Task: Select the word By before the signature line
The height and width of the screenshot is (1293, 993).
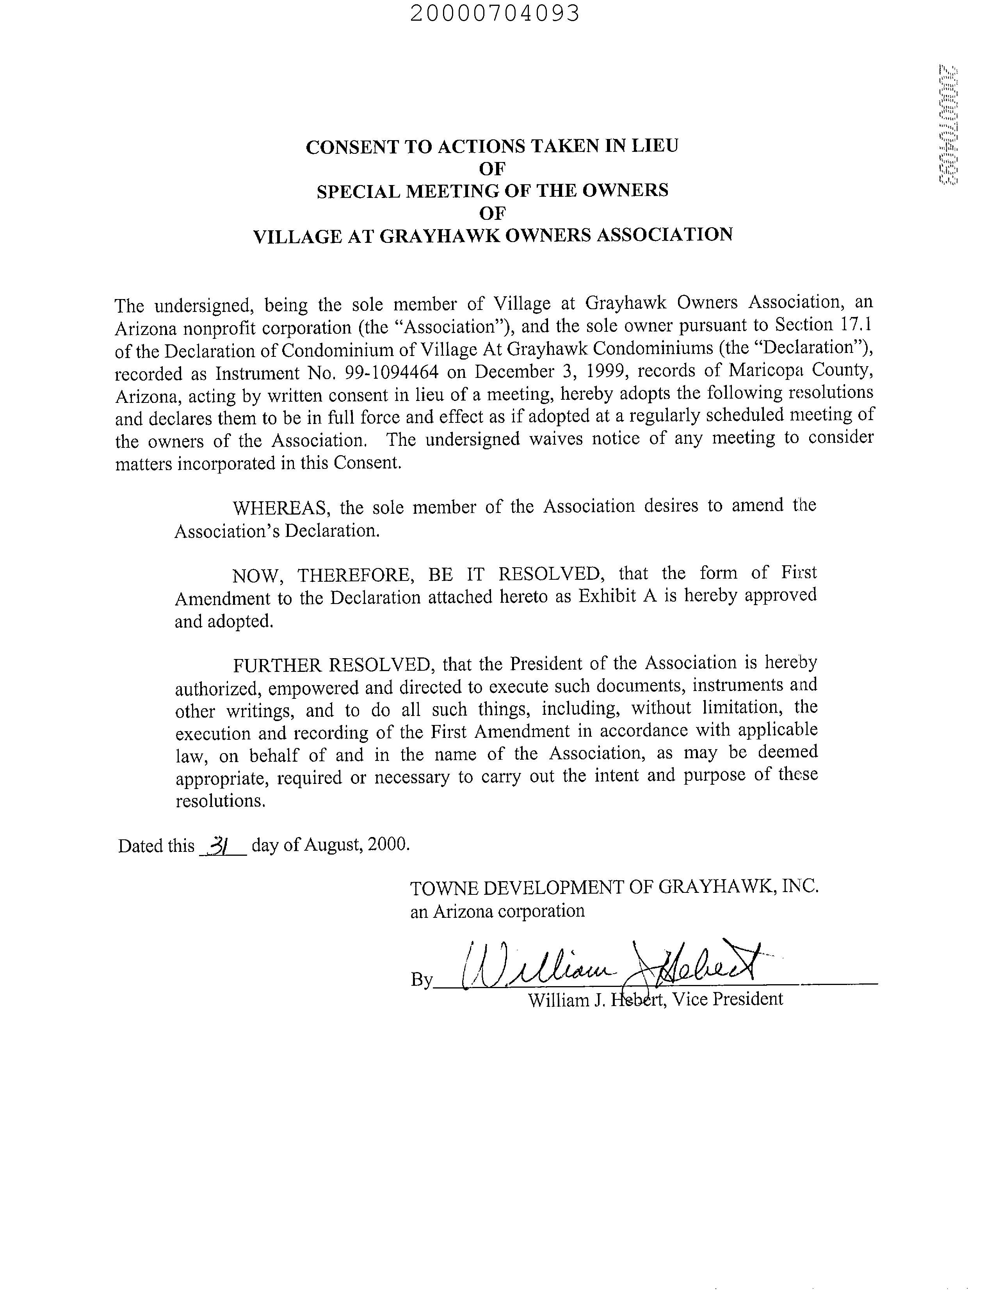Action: (x=422, y=980)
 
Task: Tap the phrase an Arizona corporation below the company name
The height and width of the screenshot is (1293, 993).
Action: (x=497, y=911)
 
